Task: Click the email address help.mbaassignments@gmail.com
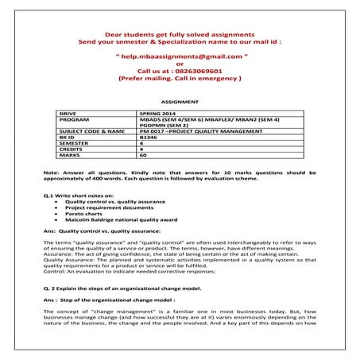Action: point(180,58)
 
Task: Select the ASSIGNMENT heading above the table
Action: point(179,103)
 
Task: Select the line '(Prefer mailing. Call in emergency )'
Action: point(180,79)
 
